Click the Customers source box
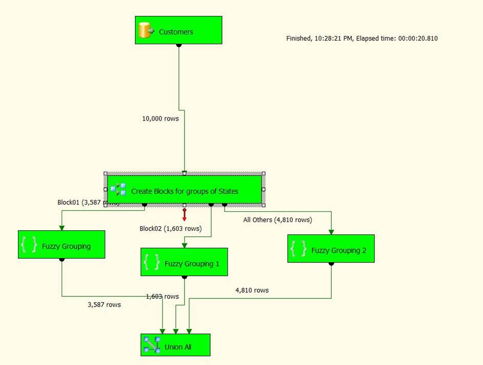[x=178, y=30]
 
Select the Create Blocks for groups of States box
[x=185, y=190]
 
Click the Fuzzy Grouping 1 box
[x=184, y=262]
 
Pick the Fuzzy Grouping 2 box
[x=331, y=249]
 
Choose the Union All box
[x=175, y=345]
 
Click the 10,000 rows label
[x=160, y=118]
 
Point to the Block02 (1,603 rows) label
[x=170, y=229]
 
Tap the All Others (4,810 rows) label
[x=277, y=220]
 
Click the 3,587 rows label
[x=104, y=305]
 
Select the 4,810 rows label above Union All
[x=252, y=290]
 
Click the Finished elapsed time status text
[x=361, y=38]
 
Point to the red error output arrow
[x=185, y=215]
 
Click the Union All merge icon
[x=152, y=345]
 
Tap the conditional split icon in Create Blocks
[x=118, y=189]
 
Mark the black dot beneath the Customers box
[x=178, y=45]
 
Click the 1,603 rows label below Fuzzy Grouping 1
[x=163, y=296]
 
